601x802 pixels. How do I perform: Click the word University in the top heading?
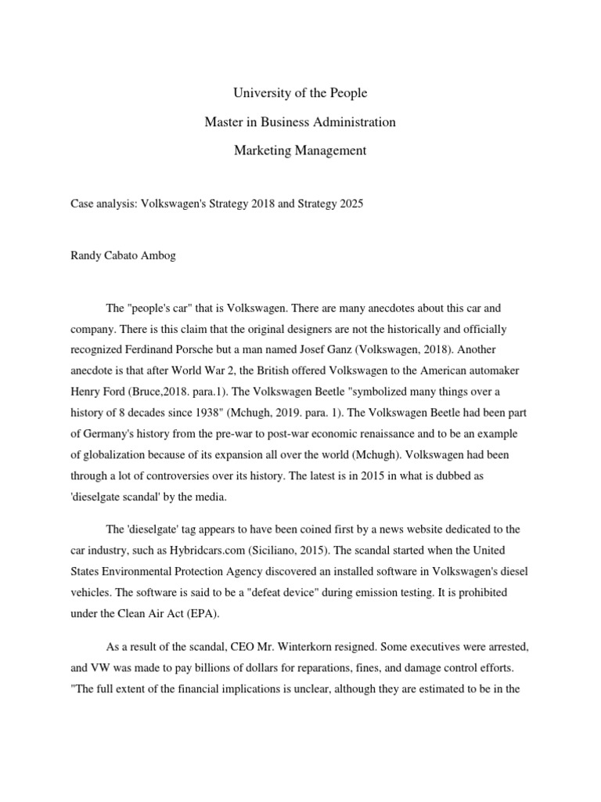pyautogui.click(x=261, y=93)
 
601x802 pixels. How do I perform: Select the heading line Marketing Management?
pyautogui.click(x=300, y=150)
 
